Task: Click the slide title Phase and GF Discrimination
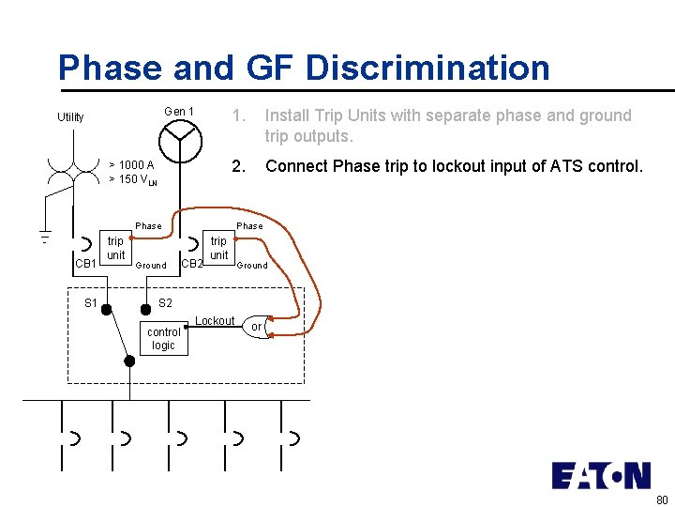304,68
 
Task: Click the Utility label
70,117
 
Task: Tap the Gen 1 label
179,112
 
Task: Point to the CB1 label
85,264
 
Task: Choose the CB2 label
191,264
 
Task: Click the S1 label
91,302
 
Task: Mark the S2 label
165,302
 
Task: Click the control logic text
164,338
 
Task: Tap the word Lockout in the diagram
215,321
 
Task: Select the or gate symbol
257,327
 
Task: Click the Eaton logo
600,475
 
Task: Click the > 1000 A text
131,165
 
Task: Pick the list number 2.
239,166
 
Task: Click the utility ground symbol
44,236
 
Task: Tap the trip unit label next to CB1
115,248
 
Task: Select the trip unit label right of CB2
218,248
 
